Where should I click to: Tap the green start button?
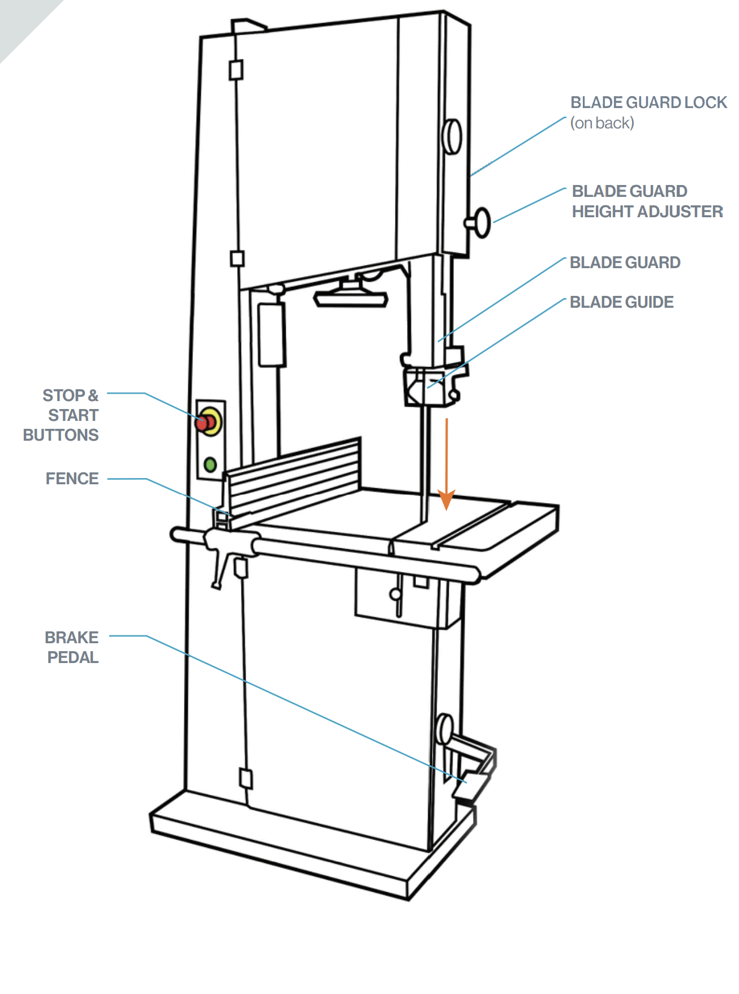[x=210, y=465]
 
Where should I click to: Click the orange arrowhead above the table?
[x=446, y=500]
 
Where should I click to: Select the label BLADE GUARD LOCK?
[x=648, y=102]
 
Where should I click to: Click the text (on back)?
[x=602, y=123]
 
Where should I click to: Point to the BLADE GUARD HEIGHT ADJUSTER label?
[x=647, y=201]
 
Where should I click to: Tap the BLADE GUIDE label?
[x=621, y=302]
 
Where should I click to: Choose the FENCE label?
[x=72, y=479]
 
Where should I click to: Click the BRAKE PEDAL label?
[x=72, y=647]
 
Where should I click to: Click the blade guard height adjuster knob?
[x=481, y=222]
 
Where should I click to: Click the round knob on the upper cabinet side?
[x=453, y=136]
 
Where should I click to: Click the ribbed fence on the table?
[x=294, y=478]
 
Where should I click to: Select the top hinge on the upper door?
[x=236, y=70]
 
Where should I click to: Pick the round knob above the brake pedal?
[x=445, y=729]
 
